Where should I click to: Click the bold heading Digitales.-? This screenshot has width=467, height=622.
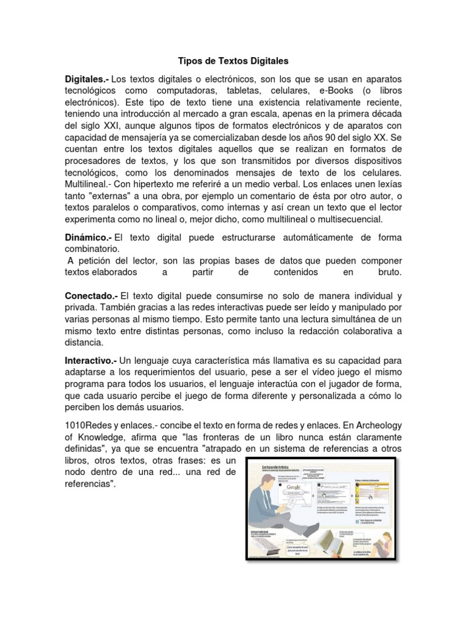87,80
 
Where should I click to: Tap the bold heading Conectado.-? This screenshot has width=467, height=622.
92,296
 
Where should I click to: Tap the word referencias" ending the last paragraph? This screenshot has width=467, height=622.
89,484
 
